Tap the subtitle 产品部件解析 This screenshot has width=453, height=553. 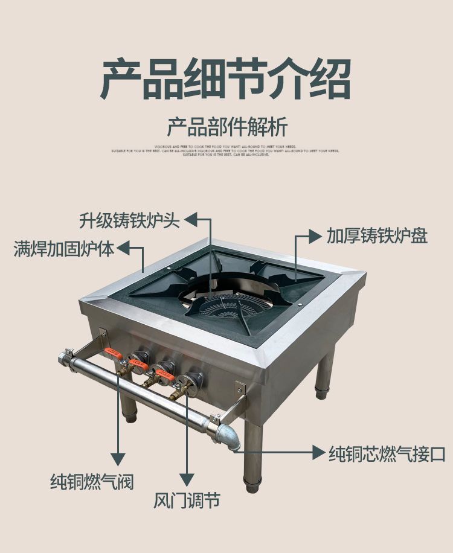(x=226, y=127)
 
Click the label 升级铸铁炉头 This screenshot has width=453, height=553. (x=129, y=220)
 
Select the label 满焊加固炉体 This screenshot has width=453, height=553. (x=64, y=248)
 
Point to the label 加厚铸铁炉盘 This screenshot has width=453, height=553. (x=377, y=235)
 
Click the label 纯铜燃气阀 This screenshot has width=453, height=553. (x=91, y=481)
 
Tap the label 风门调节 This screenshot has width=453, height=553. (x=185, y=500)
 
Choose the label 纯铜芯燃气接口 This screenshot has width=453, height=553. (x=387, y=453)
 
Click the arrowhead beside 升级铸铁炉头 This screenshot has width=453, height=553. (x=190, y=220)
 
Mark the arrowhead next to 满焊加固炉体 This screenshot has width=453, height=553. (x=124, y=248)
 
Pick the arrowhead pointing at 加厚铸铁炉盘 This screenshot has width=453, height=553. (x=315, y=236)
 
